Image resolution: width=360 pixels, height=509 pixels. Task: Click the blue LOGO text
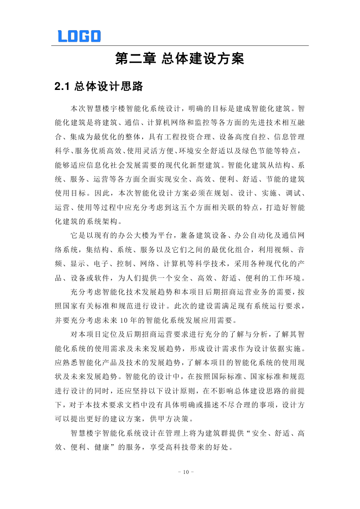(79, 36)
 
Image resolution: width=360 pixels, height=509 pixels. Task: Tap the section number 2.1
(63, 86)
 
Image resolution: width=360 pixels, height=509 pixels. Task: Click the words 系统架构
(103, 221)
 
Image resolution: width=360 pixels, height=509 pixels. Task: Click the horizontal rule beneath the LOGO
(180, 45)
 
